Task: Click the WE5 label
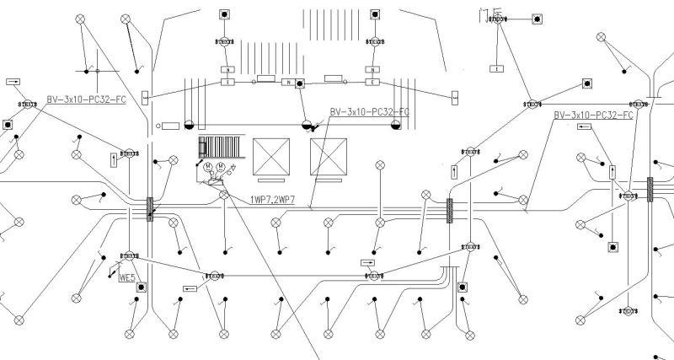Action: coord(127,277)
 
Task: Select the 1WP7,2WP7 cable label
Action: coord(272,200)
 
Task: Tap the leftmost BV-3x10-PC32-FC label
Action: coord(86,99)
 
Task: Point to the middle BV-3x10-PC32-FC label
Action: coord(369,111)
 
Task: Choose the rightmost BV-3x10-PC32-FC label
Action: coord(593,115)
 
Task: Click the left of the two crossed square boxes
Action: coord(271,156)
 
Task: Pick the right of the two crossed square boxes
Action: coord(329,156)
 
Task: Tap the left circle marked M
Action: coord(207,167)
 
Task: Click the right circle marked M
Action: coord(221,167)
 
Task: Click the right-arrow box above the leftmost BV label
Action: coord(14,82)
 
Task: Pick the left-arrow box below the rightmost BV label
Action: coord(586,126)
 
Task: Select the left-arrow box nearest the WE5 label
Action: coord(189,288)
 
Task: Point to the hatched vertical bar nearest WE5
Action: coord(150,209)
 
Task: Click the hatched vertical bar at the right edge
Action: coord(650,189)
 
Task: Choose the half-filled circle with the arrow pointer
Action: coord(307,125)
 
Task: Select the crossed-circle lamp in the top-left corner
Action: coord(80,18)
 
